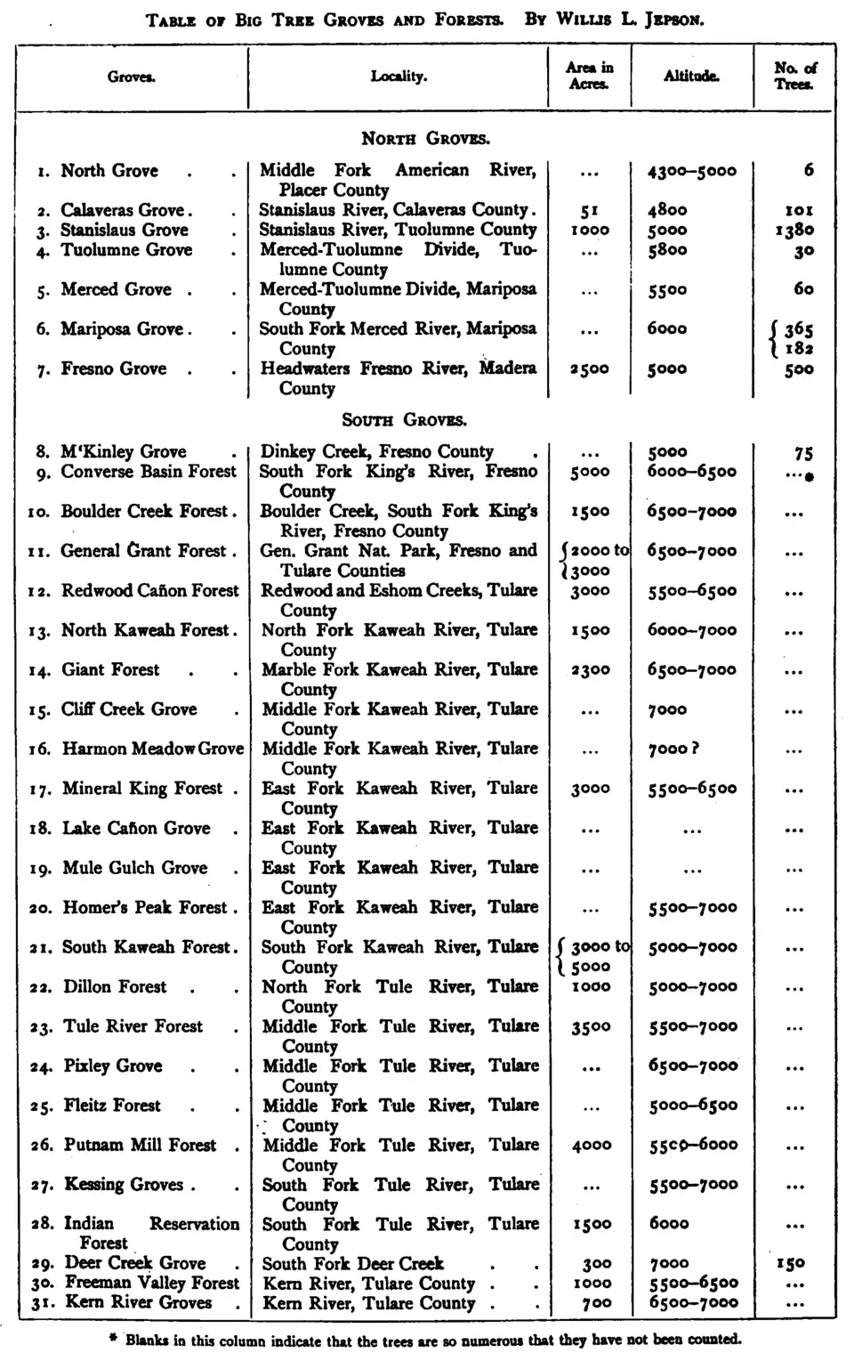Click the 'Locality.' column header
[399, 77]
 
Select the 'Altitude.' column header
[691, 77]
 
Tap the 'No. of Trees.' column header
[794, 76]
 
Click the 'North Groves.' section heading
[425, 139]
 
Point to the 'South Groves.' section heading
[405, 420]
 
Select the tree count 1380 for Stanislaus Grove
[794, 231]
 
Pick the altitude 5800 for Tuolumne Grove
[667, 250]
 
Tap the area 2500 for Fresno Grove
[590, 369]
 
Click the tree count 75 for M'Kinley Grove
[803, 453]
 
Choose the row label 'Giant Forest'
[110, 669]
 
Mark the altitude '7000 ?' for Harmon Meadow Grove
[673, 749]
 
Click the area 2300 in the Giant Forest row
[590, 670]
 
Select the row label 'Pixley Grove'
[113, 1065]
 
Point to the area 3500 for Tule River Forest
[591, 1027]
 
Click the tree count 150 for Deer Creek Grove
[790, 1264]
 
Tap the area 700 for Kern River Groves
[596, 1303]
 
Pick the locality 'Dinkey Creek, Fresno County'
[376, 452]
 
